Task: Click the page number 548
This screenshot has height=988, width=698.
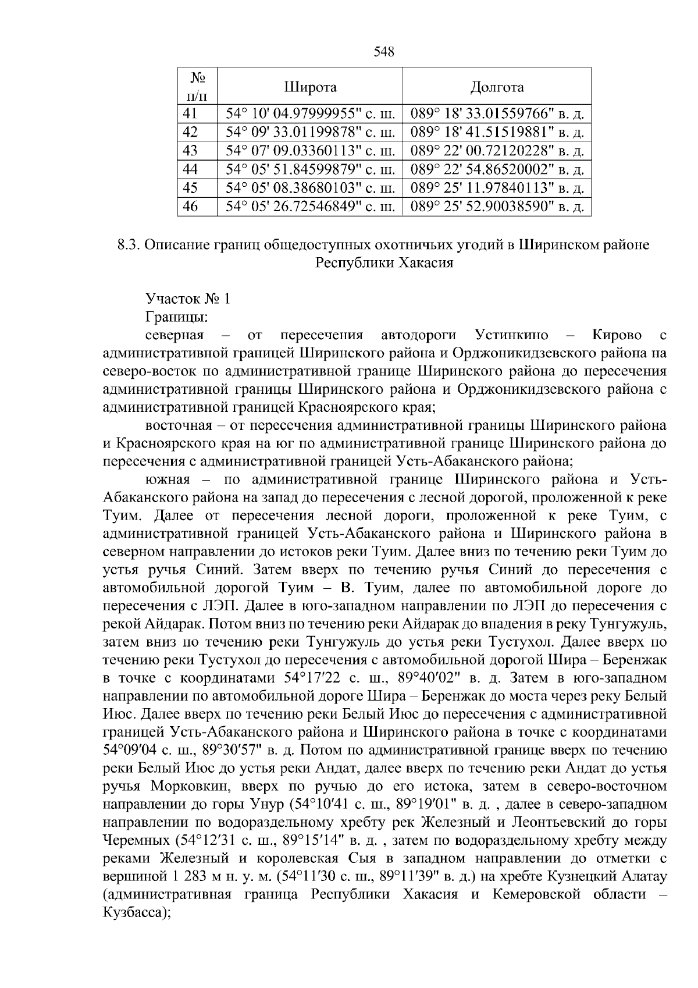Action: coord(384,52)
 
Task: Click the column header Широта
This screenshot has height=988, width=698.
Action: coord(310,87)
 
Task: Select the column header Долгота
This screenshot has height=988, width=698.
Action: coord(497,87)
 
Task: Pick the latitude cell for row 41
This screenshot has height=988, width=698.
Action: coord(310,113)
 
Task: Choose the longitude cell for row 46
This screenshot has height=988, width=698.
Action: coord(497,207)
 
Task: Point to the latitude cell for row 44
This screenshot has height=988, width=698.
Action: coord(310,169)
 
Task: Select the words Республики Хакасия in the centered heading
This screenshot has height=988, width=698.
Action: coord(384,263)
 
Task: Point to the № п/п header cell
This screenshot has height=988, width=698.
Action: coord(197,86)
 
